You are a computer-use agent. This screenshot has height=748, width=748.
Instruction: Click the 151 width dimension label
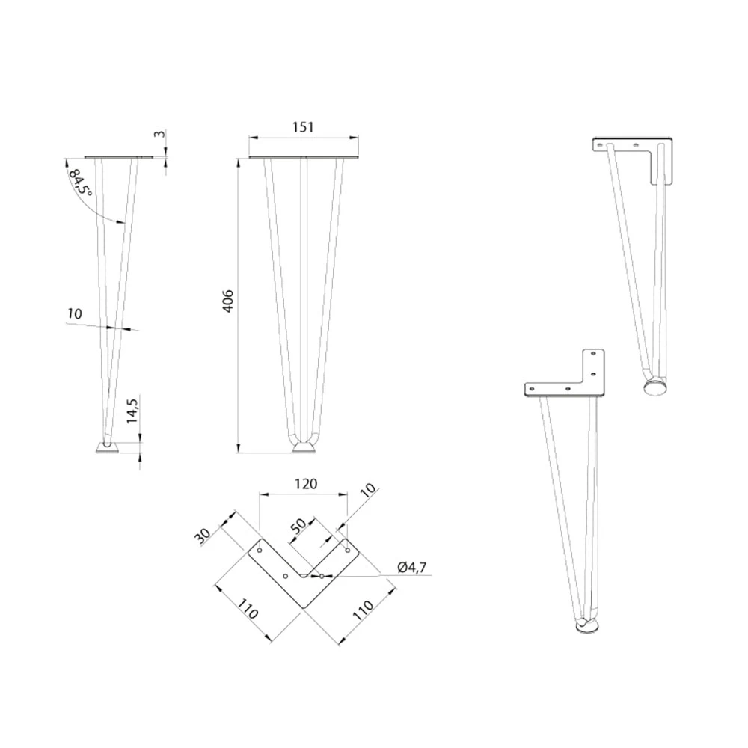tap(303, 127)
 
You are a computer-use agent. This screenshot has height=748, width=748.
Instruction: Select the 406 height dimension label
tap(228, 301)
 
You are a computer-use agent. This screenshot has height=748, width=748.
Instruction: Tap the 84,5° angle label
tap(79, 182)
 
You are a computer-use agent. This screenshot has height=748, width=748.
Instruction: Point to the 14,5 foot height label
tap(132, 411)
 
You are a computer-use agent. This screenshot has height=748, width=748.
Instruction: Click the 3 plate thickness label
tap(161, 134)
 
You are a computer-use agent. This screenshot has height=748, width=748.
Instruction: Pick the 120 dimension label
tap(306, 484)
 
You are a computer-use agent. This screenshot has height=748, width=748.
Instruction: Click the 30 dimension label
tap(203, 536)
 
